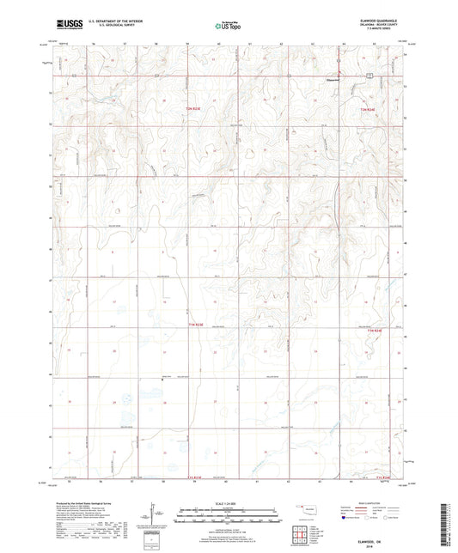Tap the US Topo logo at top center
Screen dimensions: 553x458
coord(225,26)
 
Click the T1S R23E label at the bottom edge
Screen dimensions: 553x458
coord(198,477)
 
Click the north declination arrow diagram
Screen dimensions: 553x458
coord(155,515)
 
